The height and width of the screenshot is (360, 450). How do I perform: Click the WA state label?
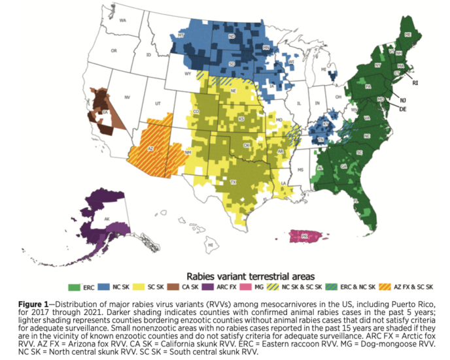pos(122,21)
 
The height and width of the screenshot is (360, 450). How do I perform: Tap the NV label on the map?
pos(127,97)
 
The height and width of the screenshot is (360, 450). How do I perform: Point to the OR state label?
pos(114,50)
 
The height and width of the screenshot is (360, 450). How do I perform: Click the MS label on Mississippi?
pos(300,169)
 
